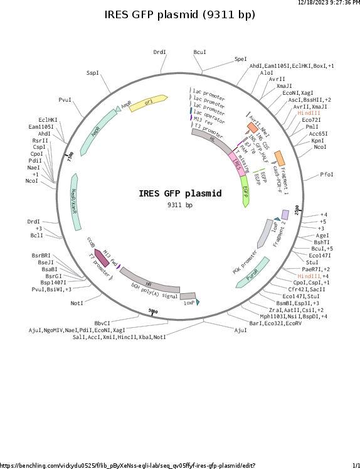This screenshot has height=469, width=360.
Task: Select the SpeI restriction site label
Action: (241, 59)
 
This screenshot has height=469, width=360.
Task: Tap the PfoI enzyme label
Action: (327, 175)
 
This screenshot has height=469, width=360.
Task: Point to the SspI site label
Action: (93, 73)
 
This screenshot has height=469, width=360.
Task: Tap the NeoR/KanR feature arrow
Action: (76, 200)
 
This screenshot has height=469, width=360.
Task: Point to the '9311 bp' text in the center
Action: (180, 205)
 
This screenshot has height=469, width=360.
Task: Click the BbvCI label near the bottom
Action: (102, 323)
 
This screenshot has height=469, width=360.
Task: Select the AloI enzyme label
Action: (267, 73)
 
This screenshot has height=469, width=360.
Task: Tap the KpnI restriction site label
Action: (317, 141)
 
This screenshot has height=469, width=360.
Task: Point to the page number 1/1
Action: (356, 465)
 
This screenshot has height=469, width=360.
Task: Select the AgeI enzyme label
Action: (322, 235)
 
